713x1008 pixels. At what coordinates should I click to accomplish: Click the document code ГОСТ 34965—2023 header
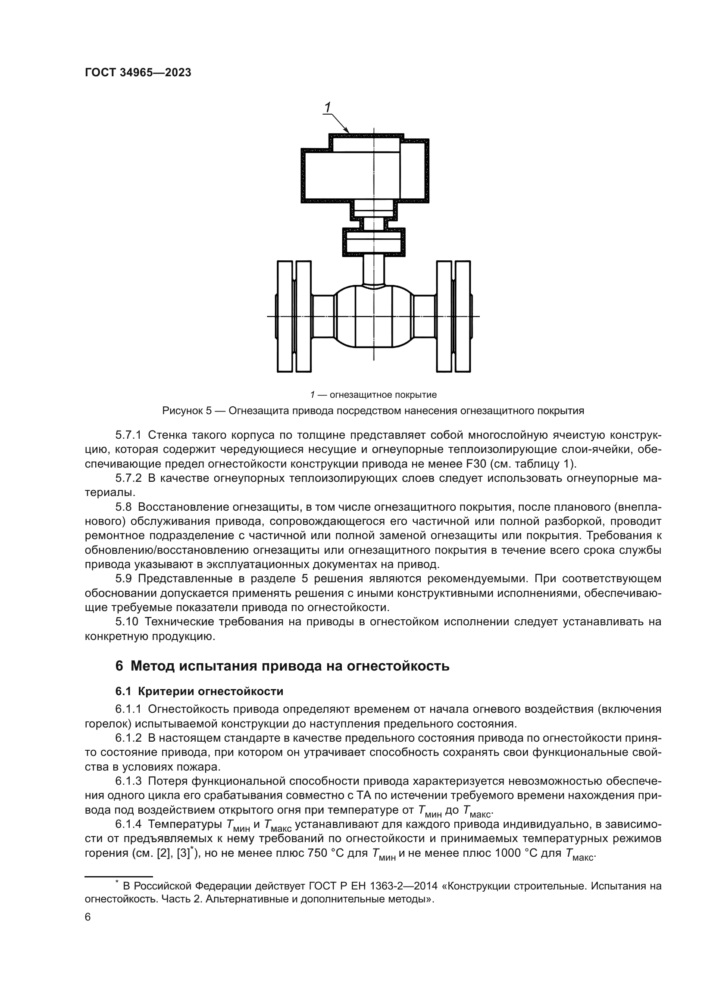(138, 73)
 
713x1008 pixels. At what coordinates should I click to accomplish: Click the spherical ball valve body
(374, 316)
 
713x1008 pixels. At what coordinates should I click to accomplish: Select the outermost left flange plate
(285, 316)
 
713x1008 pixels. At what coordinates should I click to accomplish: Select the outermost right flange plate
(463, 316)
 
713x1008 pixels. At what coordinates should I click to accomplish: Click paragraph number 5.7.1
(128, 435)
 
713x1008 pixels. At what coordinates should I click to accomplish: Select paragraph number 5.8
(123, 507)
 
